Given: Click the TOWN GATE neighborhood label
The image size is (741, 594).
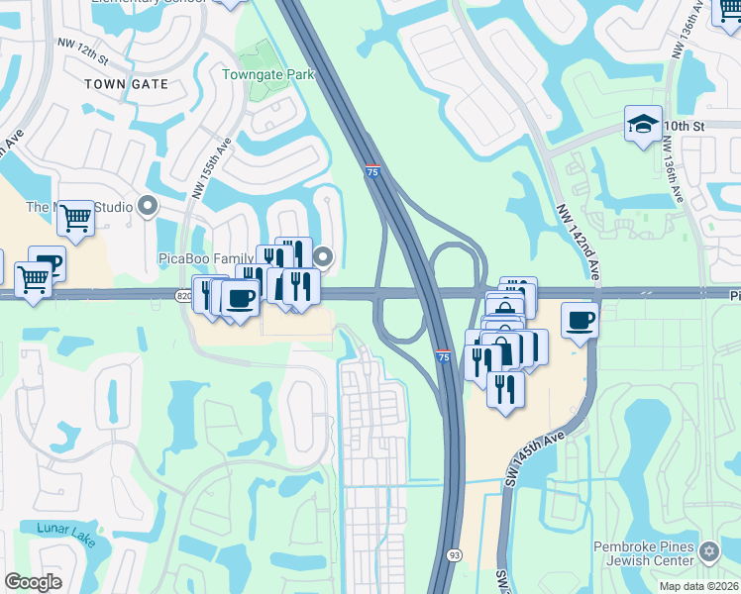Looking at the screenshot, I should (x=126, y=84).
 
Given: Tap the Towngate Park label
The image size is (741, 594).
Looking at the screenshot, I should (x=266, y=74).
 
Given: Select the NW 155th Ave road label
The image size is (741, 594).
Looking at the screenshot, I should (x=212, y=168).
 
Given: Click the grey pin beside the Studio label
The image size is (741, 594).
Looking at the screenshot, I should (x=149, y=207).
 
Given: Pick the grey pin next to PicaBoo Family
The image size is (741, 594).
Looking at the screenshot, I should (x=323, y=258).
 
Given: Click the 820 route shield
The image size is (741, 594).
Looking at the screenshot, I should (x=184, y=295).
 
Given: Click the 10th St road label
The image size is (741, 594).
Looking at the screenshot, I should (x=683, y=127).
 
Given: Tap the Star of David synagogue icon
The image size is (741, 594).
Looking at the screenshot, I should (x=708, y=550).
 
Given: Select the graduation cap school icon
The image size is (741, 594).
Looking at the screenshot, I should (x=643, y=125).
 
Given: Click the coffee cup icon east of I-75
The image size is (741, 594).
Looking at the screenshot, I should (x=580, y=319).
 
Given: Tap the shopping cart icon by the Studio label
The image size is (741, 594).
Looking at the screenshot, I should (x=75, y=217).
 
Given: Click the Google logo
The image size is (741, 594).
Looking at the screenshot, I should (x=33, y=582).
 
